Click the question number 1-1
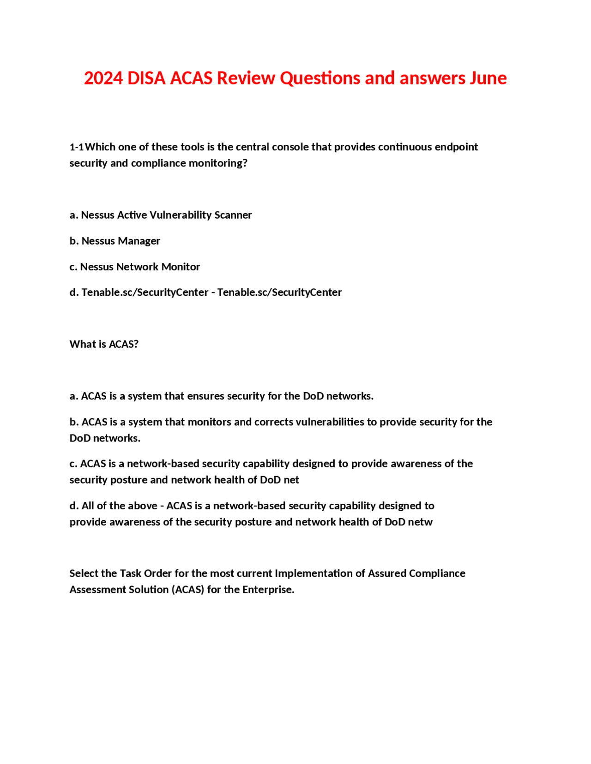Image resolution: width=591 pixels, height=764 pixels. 77,147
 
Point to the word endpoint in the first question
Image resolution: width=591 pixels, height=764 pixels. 456,147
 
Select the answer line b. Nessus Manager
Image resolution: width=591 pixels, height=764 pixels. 115,241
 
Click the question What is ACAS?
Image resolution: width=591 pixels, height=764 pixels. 104,344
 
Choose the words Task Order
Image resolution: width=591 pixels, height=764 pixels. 139,573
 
